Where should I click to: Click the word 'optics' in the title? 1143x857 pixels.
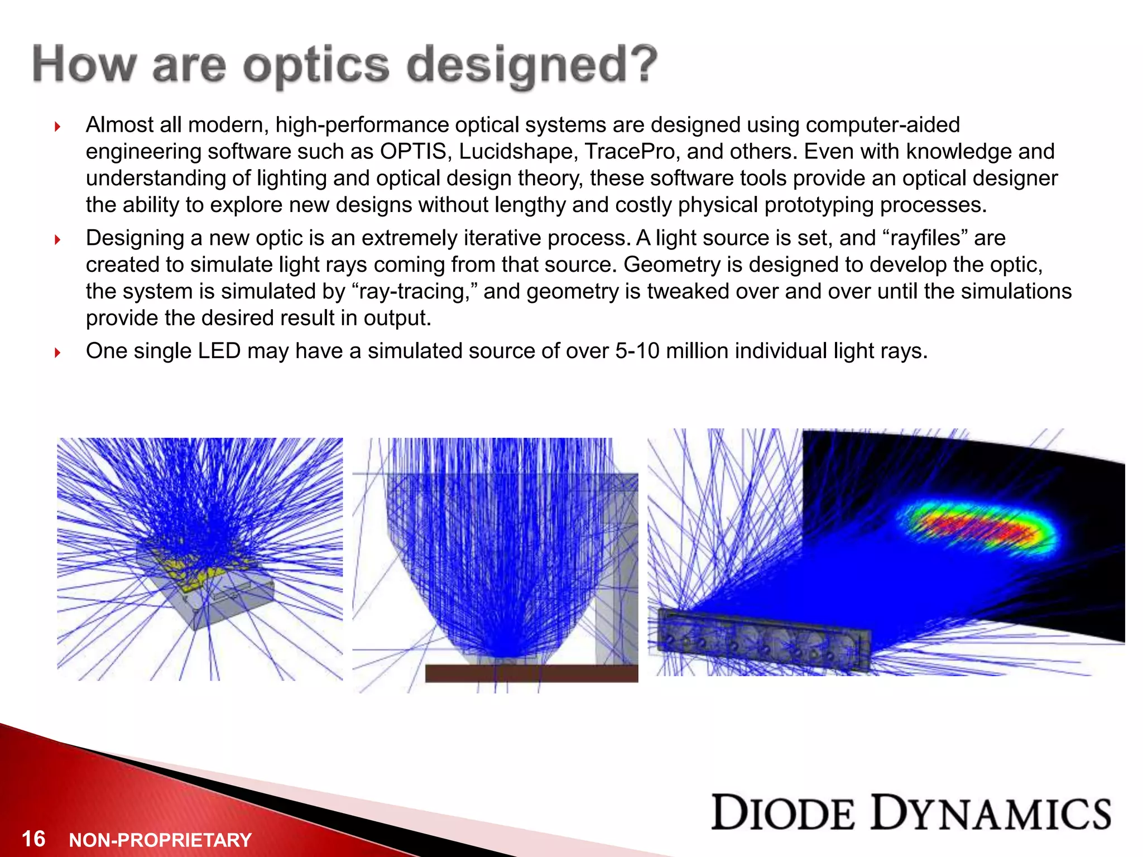(316, 66)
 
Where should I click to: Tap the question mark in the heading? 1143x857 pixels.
(640, 62)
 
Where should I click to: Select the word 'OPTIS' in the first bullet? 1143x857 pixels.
(413, 152)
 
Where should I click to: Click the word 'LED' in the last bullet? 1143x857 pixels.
(219, 351)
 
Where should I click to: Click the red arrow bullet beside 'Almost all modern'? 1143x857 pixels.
(57, 127)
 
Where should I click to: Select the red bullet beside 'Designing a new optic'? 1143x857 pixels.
(57, 240)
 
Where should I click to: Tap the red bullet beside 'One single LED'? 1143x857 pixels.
(57, 353)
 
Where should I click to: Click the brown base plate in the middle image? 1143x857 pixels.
(530, 673)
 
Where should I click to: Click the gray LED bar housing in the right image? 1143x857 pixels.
(765, 642)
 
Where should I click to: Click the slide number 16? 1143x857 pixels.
(33, 839)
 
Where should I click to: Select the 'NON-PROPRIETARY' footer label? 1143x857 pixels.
(160, 840)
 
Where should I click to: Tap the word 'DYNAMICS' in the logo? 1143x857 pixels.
(991, 813)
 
